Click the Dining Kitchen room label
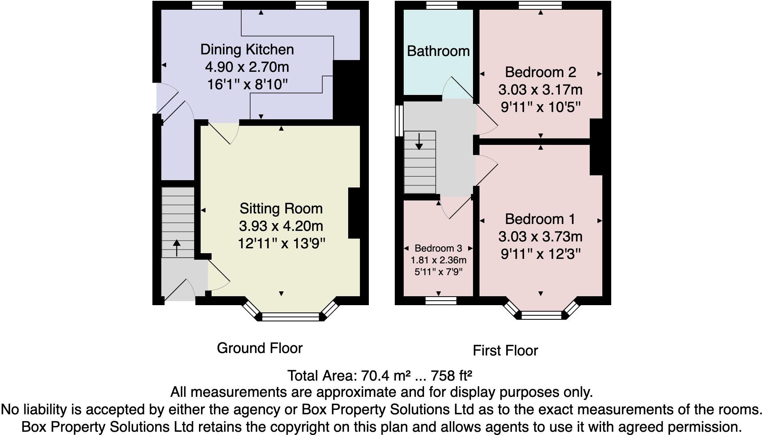coord(247,50)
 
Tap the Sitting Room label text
coord(281,209)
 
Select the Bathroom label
coord(438,51)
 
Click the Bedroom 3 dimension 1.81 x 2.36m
coord(438,260)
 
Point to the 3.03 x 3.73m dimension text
coord(540,237)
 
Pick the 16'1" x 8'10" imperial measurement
coord(247,84)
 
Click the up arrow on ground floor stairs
coord(177,248)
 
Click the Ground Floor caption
coord(259,348)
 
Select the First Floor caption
coord(505,351)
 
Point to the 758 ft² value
coord(452,376)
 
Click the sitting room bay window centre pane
coord(291,317)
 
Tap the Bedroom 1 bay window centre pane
coord(541,315)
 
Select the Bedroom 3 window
coord(441,300)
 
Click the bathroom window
coord(441,5)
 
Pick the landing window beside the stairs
coord(399,121)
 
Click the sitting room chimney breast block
coord(354,213)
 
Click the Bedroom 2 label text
coord(540,72)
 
